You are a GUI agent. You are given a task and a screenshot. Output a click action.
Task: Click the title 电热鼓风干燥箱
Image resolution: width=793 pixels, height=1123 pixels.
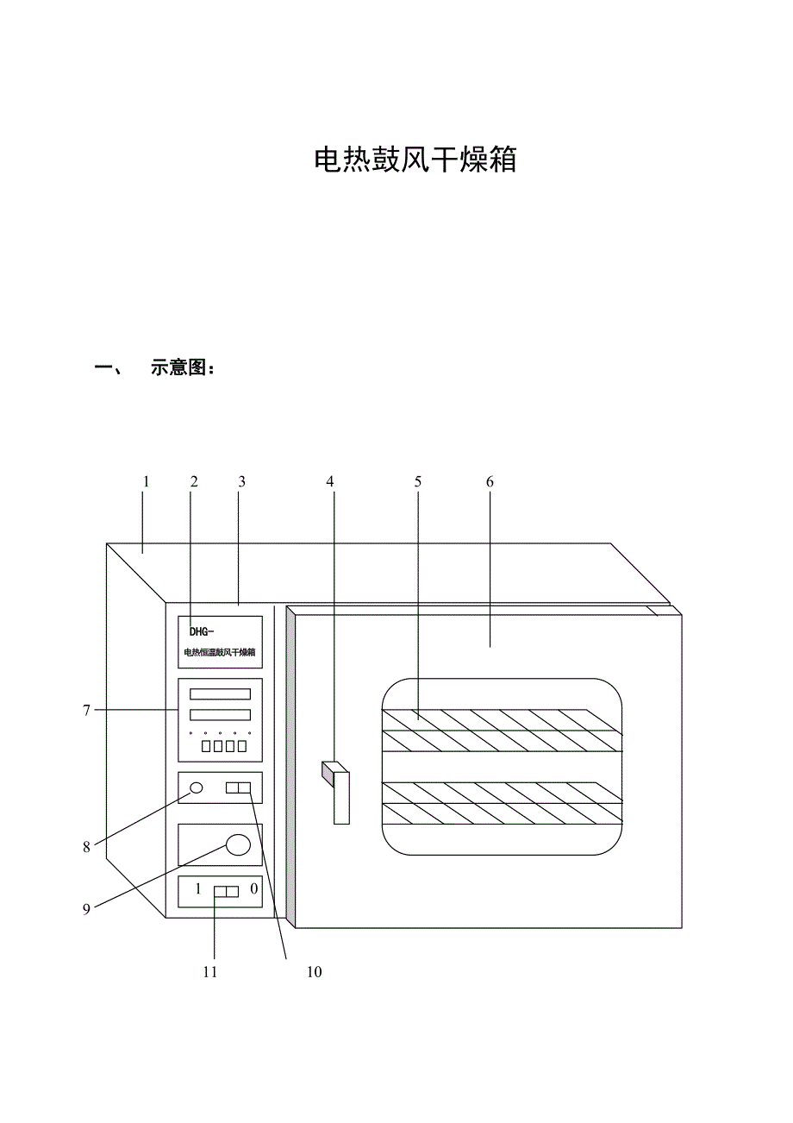click(x=415, y=160)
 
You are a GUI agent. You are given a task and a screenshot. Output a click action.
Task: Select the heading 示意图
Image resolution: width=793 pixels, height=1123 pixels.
click(x=178, y=368)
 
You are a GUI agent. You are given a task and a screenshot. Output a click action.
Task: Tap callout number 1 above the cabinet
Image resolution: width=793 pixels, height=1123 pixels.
click(x=147, y=482)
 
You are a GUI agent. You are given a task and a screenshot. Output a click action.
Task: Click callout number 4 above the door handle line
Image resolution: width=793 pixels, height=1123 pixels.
click(x=329, y=482)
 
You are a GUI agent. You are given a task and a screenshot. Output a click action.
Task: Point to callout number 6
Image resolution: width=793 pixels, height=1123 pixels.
click(x=490, y=482)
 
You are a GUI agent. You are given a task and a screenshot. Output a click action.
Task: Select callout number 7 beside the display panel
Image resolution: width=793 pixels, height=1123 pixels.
click(x=87, y=711)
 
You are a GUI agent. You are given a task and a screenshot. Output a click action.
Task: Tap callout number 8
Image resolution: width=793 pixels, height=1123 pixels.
click(x=87, y=847)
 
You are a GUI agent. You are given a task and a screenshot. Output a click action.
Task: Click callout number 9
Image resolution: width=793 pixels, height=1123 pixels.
click(x=87, y=909)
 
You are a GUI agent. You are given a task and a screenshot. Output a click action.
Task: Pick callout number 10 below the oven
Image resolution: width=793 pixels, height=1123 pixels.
click(x=314, y=972)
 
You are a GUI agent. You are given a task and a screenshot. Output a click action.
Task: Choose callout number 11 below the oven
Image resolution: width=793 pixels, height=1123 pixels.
click(x=210, y=972)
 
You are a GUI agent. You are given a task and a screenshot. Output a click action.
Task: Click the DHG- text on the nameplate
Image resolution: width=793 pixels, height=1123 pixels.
click(x=202, y=631)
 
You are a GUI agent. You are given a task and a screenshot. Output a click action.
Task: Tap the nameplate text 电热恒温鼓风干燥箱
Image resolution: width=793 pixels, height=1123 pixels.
click(x=220, y=652)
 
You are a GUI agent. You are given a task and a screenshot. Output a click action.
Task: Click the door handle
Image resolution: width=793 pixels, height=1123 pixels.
click(x=341, y=797)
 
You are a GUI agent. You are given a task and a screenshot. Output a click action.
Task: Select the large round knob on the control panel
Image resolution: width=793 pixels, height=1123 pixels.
click(x=239, y=844)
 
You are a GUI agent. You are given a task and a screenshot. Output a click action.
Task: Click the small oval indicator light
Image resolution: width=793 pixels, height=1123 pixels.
click(x=197, y=787)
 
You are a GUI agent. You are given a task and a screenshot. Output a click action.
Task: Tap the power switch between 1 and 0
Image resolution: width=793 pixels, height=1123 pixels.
click(x=226, y=891)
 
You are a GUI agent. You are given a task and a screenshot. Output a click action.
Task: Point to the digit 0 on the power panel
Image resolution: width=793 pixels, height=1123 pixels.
click(x=254, y=889)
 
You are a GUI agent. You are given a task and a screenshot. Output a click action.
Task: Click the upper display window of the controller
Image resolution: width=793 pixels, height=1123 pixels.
click(x=220, y=693)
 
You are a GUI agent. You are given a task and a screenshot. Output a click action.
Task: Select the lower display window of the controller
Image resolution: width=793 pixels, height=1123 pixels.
click(x=220, y=715)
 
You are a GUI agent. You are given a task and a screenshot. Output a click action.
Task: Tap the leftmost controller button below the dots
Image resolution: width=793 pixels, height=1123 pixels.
click(x=206, y=746)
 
